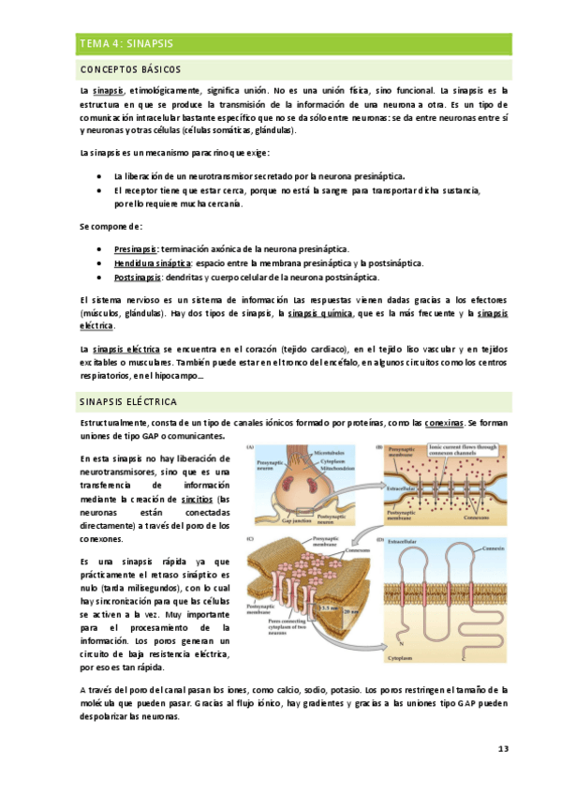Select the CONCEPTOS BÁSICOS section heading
(131, 70)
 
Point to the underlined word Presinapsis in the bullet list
(137, 249)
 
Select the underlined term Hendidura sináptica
(146, 263)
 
